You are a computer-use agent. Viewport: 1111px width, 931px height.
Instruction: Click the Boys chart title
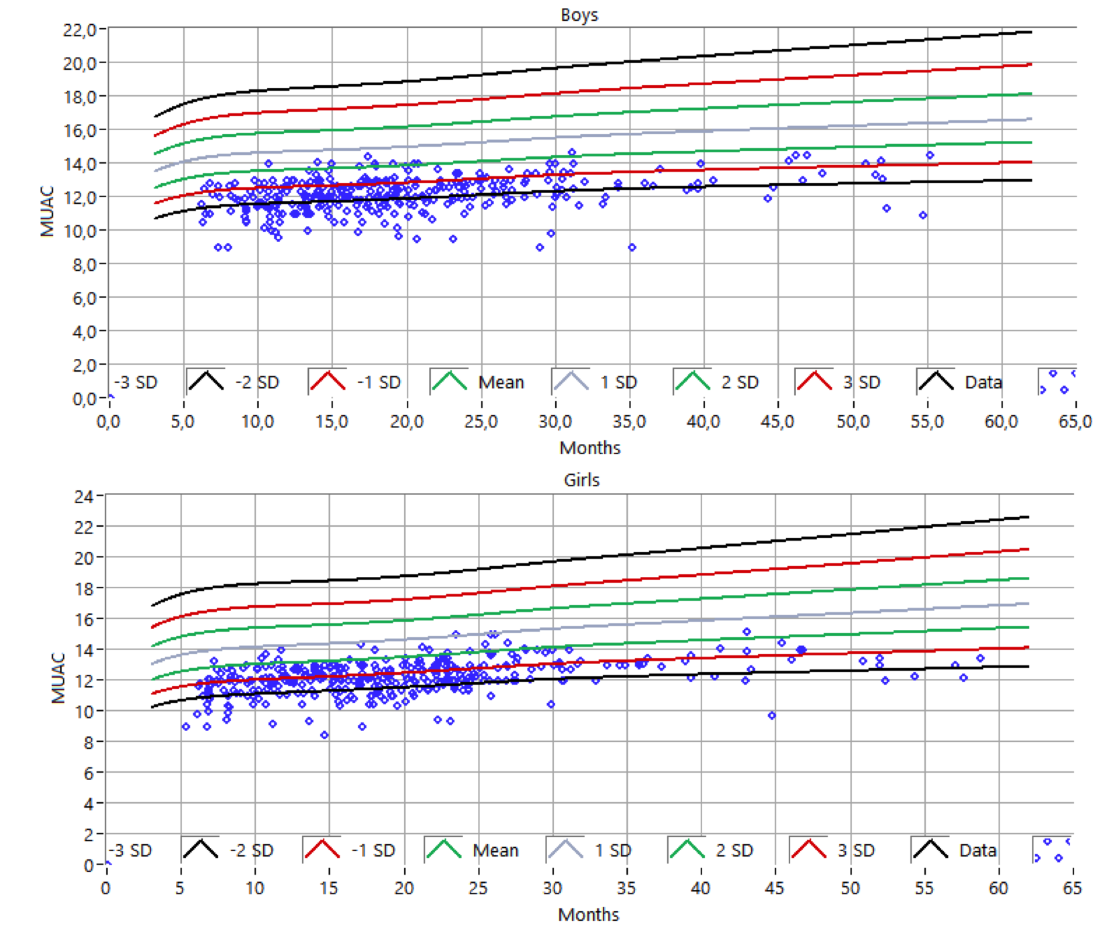[579, 15]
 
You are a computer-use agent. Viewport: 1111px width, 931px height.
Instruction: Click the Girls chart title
[581, 480]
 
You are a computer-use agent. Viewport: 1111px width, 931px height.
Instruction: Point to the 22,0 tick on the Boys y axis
[80, 30]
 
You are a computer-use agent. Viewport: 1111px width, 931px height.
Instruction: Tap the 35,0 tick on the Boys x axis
[629, 422]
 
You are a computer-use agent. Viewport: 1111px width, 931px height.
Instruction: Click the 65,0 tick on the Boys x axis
[1075, 422]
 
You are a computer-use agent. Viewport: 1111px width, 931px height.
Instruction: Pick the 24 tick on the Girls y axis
[84, 497]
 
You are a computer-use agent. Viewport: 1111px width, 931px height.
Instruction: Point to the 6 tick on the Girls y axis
[89, 773]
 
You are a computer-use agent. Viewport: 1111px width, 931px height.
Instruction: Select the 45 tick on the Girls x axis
[774, 888]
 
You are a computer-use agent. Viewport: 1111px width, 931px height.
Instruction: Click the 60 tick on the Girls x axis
[998, 888]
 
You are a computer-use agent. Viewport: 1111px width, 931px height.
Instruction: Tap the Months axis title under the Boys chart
[590, 448]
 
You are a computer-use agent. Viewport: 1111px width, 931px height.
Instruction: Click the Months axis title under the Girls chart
[589, 915]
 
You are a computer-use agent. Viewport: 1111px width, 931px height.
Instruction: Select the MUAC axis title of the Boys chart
[47, 211]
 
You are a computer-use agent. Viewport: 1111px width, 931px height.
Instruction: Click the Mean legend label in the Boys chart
[501, 383]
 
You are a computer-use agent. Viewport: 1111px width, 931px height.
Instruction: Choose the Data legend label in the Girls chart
[977, 851]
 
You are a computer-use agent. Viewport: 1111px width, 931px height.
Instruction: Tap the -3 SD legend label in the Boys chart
[136, 383]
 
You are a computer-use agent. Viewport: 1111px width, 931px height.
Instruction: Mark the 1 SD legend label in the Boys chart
[618, 383]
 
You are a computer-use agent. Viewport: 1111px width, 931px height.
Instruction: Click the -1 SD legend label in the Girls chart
[373, 851]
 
